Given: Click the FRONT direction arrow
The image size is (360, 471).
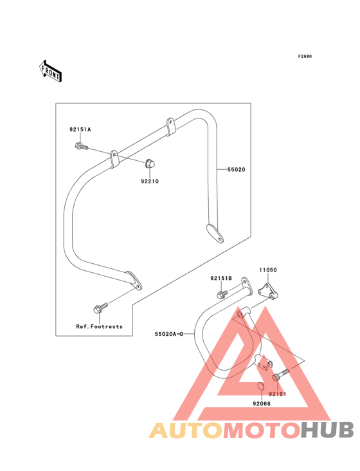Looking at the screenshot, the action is click(x=50, y=71).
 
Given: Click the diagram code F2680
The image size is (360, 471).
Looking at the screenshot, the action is click(x=305, y=56).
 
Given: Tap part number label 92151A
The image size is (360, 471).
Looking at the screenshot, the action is click(x=80, y=129).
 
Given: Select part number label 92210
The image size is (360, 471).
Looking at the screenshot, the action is click(x=150, y=181).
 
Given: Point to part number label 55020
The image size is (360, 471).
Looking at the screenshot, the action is click(x=236, y=169).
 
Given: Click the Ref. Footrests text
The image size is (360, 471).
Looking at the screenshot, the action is click(x=99, y=326).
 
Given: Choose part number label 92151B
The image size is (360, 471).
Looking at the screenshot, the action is click(x=221, y=278).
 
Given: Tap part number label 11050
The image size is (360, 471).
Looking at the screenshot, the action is click(x=268, y=270).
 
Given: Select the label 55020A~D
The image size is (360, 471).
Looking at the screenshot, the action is click(x=169, y=334).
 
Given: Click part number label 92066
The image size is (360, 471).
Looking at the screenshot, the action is click(x=262, y=403).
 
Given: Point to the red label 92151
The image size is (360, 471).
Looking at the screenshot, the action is click(x=278, y=394).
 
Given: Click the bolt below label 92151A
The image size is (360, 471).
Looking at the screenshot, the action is click(x=81, y=147).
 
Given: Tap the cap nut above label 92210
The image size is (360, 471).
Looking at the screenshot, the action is click(x=150, y=163).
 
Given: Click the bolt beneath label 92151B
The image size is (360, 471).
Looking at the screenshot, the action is click(x=222, y=294).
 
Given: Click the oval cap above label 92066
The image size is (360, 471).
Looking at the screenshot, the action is click(x=260, y=385).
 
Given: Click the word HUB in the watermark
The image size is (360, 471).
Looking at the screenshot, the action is click(x=327, y=430).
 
